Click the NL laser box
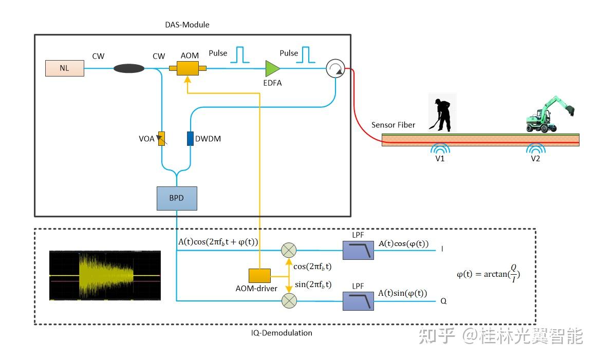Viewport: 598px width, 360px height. [65, 68]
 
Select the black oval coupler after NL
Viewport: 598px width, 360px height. [129, 68]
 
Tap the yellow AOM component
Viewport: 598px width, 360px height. [188, 68]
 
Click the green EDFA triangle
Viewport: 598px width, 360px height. [272, 68]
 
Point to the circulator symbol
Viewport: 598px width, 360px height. [335, 68]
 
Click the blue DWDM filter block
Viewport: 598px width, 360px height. [190, 138]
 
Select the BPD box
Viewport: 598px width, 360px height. [176, 198]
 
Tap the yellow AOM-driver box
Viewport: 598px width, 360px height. [259, 276]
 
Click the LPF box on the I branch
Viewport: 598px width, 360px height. [359, 250]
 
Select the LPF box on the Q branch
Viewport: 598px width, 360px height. [359, 301]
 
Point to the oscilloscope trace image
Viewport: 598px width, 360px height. [105, 276]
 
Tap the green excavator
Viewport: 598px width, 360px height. [549, 114]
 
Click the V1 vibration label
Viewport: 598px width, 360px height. [439, 159]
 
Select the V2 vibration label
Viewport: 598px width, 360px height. [535, 159]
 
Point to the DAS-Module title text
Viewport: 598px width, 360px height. [188, 25]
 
